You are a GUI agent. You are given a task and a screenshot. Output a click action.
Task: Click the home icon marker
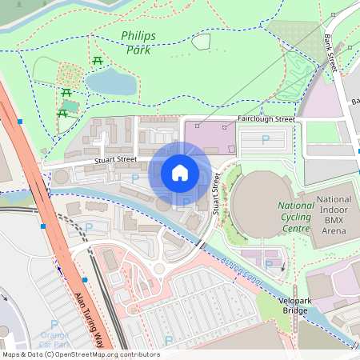point(179,172)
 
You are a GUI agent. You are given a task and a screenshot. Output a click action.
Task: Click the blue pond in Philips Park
point(112,80)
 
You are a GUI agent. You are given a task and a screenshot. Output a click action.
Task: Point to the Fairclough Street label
point(266,119)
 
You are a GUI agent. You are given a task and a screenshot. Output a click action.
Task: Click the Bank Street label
point(330,52)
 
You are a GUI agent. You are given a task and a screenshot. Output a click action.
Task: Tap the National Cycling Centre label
point(294,217)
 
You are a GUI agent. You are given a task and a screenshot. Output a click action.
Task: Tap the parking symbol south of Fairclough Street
point(266,142)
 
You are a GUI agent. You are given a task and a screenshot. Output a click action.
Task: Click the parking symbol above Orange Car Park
point(54,323)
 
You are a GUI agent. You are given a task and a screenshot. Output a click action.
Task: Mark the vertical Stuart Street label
point(215,195)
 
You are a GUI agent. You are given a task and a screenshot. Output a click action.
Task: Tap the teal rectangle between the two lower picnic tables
point(70,105)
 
